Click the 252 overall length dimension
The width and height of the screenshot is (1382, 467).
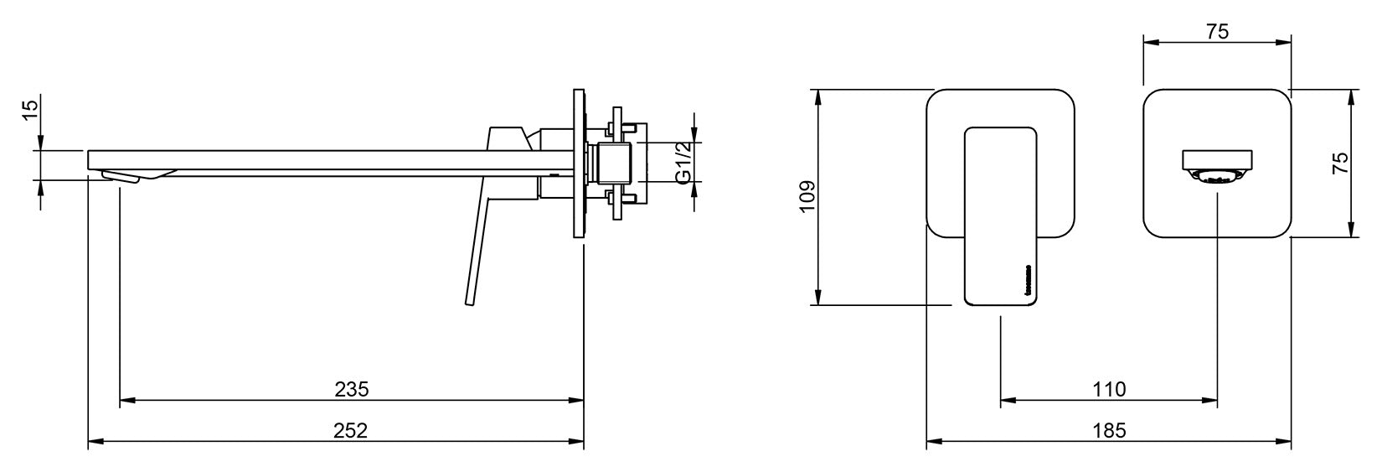pos(351,430)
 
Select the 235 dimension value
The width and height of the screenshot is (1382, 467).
pos(351,389)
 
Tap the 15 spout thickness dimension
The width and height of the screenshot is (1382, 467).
pos(29,110)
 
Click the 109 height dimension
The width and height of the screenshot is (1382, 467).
pos(807,197)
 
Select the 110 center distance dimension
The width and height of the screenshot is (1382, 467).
pos(1109,389)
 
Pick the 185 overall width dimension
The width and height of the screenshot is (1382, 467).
pos(1109,430)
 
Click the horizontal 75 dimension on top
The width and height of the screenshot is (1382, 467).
pos(1217,32)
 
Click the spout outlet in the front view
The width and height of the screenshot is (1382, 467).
pos(1217,158)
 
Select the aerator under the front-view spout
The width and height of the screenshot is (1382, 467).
pos(1217,176)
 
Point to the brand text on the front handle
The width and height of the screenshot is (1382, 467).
pos(1029,281)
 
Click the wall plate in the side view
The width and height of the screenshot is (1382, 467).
pos(578,164)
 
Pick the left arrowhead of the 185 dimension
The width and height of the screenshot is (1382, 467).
pos(932,441)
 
